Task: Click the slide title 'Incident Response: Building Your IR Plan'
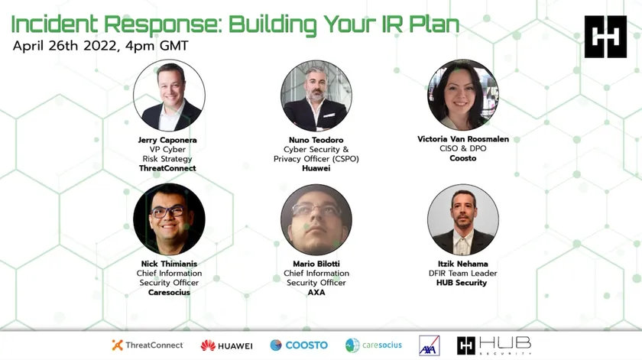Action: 235,24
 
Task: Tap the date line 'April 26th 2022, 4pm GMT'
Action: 100,45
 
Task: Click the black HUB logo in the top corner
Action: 605,37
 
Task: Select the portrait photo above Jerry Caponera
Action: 169,96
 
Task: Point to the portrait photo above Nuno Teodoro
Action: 316,96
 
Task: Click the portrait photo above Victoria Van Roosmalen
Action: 463,95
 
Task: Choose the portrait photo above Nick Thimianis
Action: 169,219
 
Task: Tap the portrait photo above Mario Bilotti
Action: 316,219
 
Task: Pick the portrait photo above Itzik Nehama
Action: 463,219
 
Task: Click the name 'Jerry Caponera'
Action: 167,140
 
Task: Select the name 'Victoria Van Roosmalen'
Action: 463,139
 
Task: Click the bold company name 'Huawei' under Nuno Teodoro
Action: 316,168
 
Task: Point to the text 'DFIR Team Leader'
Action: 462,273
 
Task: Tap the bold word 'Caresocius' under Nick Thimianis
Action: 169,293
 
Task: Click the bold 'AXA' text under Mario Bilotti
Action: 316,293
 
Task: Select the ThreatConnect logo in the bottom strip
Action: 148,345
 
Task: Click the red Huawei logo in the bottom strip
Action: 226,345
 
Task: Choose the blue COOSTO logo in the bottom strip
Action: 299,345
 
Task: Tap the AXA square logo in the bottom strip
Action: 429,345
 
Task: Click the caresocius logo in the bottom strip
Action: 374,345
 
